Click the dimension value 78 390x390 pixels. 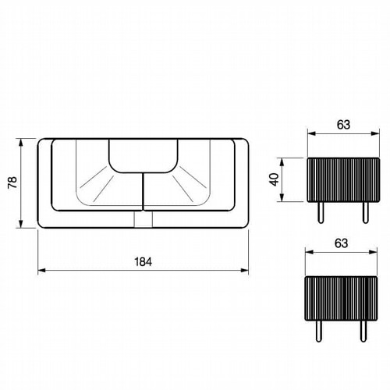tap(12, 183)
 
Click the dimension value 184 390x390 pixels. tap(143, 262)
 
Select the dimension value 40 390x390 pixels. tap(275, 179)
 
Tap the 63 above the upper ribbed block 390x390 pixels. tap(343, 125)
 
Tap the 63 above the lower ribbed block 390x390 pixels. tap(341, 243)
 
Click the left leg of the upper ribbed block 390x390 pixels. tap(321, 212)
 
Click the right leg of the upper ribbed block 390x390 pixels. tap(366, 212)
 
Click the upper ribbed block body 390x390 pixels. tap(343, 179)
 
